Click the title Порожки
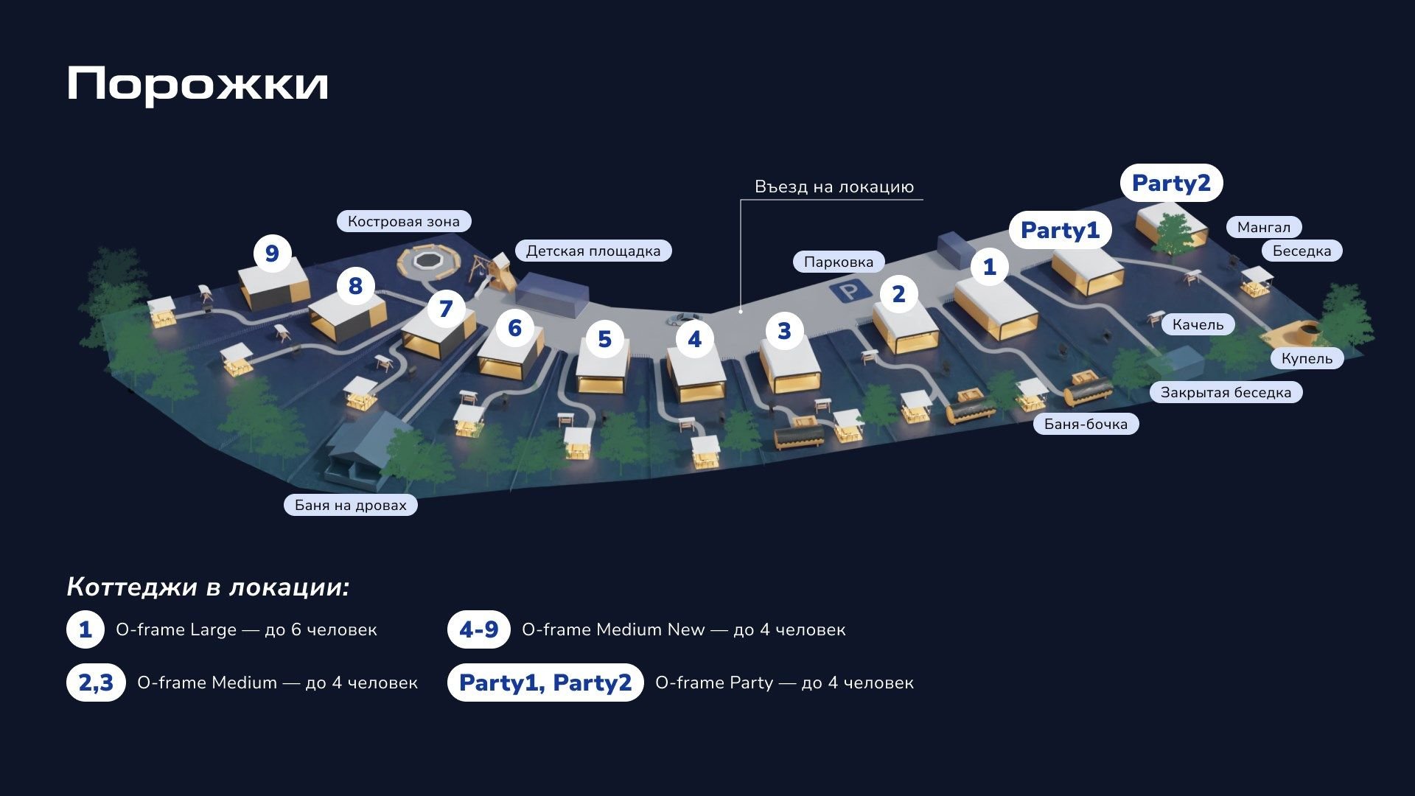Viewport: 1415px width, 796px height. click(x=198, y=84)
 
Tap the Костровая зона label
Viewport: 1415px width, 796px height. click(x=404, y=221)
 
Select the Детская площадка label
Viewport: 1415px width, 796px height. click(x=593, y=251)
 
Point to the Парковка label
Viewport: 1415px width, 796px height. click(x=839, y=262)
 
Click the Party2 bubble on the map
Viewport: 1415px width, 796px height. click(x=1171, y=183)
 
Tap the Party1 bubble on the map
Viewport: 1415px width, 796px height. click(x=1060, y=230)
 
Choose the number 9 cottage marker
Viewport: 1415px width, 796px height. click(x=272, y=254)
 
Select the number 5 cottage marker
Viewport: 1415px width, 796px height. click(x=604, y=339)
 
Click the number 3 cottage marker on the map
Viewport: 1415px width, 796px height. click(x=784, y=331)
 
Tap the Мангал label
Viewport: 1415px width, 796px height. click(x=1264, y=227)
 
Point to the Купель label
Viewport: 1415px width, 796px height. click(x=1307, y=358)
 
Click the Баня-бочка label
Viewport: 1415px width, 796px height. click(x=1086, y=424)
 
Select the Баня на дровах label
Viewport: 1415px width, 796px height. click(x=351, y=505)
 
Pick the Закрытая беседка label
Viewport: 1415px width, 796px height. click(x=1226, y=392)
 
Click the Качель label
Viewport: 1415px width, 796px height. click(x=1198, y=324)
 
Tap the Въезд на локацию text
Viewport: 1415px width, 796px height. click(x=834, y=186)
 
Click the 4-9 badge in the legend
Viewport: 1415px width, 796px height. click(x=479, y=629)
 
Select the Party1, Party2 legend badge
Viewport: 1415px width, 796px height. click(x=545, y=682)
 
